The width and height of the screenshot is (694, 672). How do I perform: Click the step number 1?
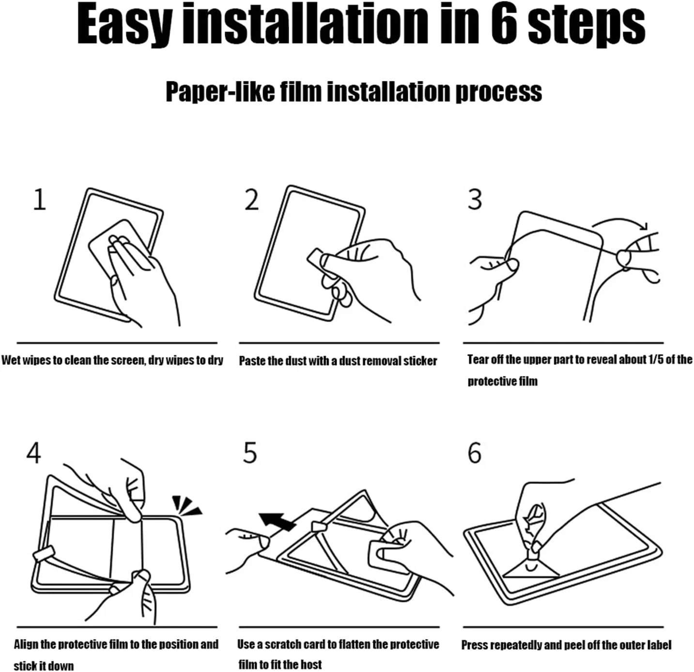click(40, 200)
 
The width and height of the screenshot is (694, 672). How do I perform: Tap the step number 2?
click(252, 200)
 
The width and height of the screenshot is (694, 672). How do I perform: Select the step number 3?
click(475, 200)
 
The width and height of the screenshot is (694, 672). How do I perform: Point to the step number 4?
click(33, 453)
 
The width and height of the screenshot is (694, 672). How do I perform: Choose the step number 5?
click(249, 453)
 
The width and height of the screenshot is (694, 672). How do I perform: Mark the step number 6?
click(474, 453)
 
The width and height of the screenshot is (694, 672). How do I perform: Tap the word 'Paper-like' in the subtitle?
click(220, 92)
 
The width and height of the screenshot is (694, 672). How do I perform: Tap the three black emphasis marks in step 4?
click(186, 505)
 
